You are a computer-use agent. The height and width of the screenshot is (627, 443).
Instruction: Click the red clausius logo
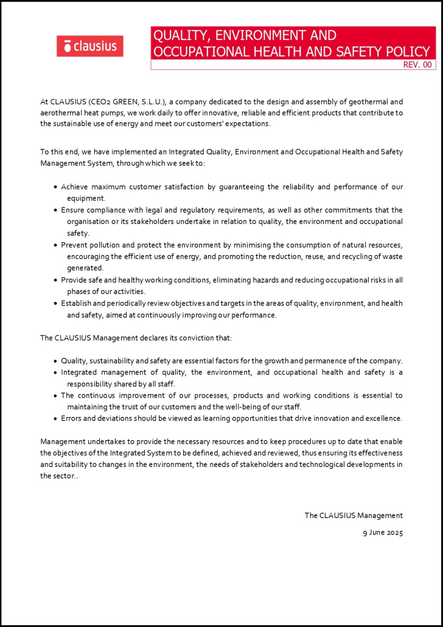[x=90, y=46]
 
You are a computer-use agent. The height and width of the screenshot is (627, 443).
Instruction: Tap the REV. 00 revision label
[x=417, y=65]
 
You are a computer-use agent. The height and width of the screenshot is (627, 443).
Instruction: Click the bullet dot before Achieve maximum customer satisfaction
[x=56, y=187]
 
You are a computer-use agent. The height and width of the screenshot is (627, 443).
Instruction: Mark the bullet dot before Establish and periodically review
[x=56, y=303]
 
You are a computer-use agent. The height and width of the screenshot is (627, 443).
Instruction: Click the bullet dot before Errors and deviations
[x=56, y=419]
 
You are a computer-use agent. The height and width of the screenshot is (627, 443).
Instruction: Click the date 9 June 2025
[x=383, y=533]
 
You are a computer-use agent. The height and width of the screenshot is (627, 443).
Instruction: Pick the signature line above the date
[x=354, y=516]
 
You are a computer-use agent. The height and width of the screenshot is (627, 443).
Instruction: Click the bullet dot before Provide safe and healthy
[x=56, y=280]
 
